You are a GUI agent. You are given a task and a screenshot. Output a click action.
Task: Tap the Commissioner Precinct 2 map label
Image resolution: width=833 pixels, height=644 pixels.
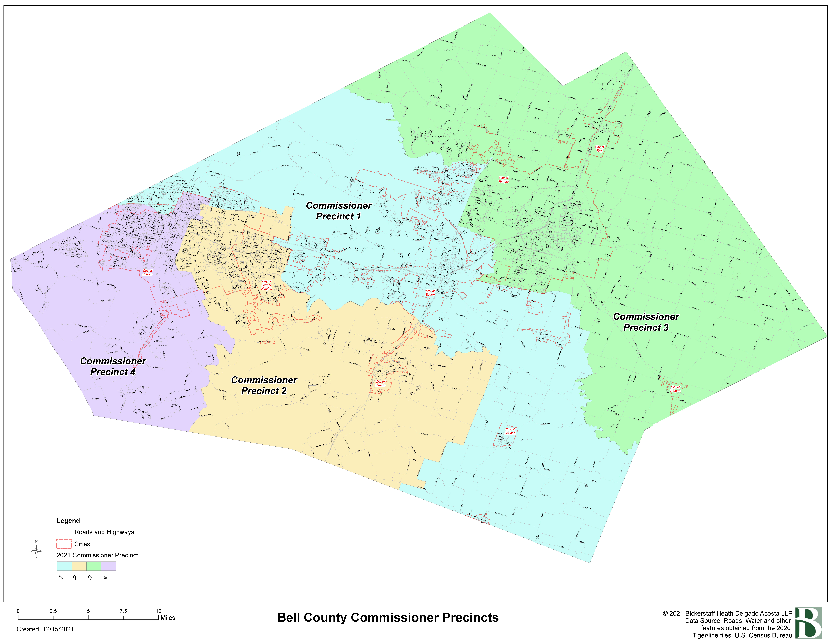tap(264, 385)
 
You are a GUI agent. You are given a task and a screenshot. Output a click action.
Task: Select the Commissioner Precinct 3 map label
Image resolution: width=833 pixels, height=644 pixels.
tap(646, 322)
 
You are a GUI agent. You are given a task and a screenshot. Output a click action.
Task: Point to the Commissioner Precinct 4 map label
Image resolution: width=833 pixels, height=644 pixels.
tap(113, 366)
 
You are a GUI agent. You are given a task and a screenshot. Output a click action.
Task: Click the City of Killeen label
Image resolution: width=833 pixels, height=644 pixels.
tap(147, 272)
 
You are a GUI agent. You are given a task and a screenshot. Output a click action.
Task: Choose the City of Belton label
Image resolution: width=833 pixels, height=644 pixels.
tap(430, 293)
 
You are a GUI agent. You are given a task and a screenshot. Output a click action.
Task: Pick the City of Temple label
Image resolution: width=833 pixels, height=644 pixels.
tap(503, 180)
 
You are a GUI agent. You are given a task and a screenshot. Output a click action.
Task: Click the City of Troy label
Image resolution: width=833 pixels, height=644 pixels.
tap(600, 149)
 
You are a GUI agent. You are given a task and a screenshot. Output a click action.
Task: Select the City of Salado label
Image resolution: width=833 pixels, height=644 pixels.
tap(380, 383)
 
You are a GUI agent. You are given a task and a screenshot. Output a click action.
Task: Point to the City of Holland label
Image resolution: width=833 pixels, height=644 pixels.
tap(510, 431)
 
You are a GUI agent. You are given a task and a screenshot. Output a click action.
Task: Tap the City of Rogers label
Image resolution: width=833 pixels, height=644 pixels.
tap(675, 389)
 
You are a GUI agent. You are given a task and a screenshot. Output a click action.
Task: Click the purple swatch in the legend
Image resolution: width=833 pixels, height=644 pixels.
tap(109, 566)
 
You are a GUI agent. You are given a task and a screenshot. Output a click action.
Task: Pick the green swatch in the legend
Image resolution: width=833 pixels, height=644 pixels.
tap(94, 566)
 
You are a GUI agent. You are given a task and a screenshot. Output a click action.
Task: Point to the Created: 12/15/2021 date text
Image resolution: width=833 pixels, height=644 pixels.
tap(45, 629)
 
